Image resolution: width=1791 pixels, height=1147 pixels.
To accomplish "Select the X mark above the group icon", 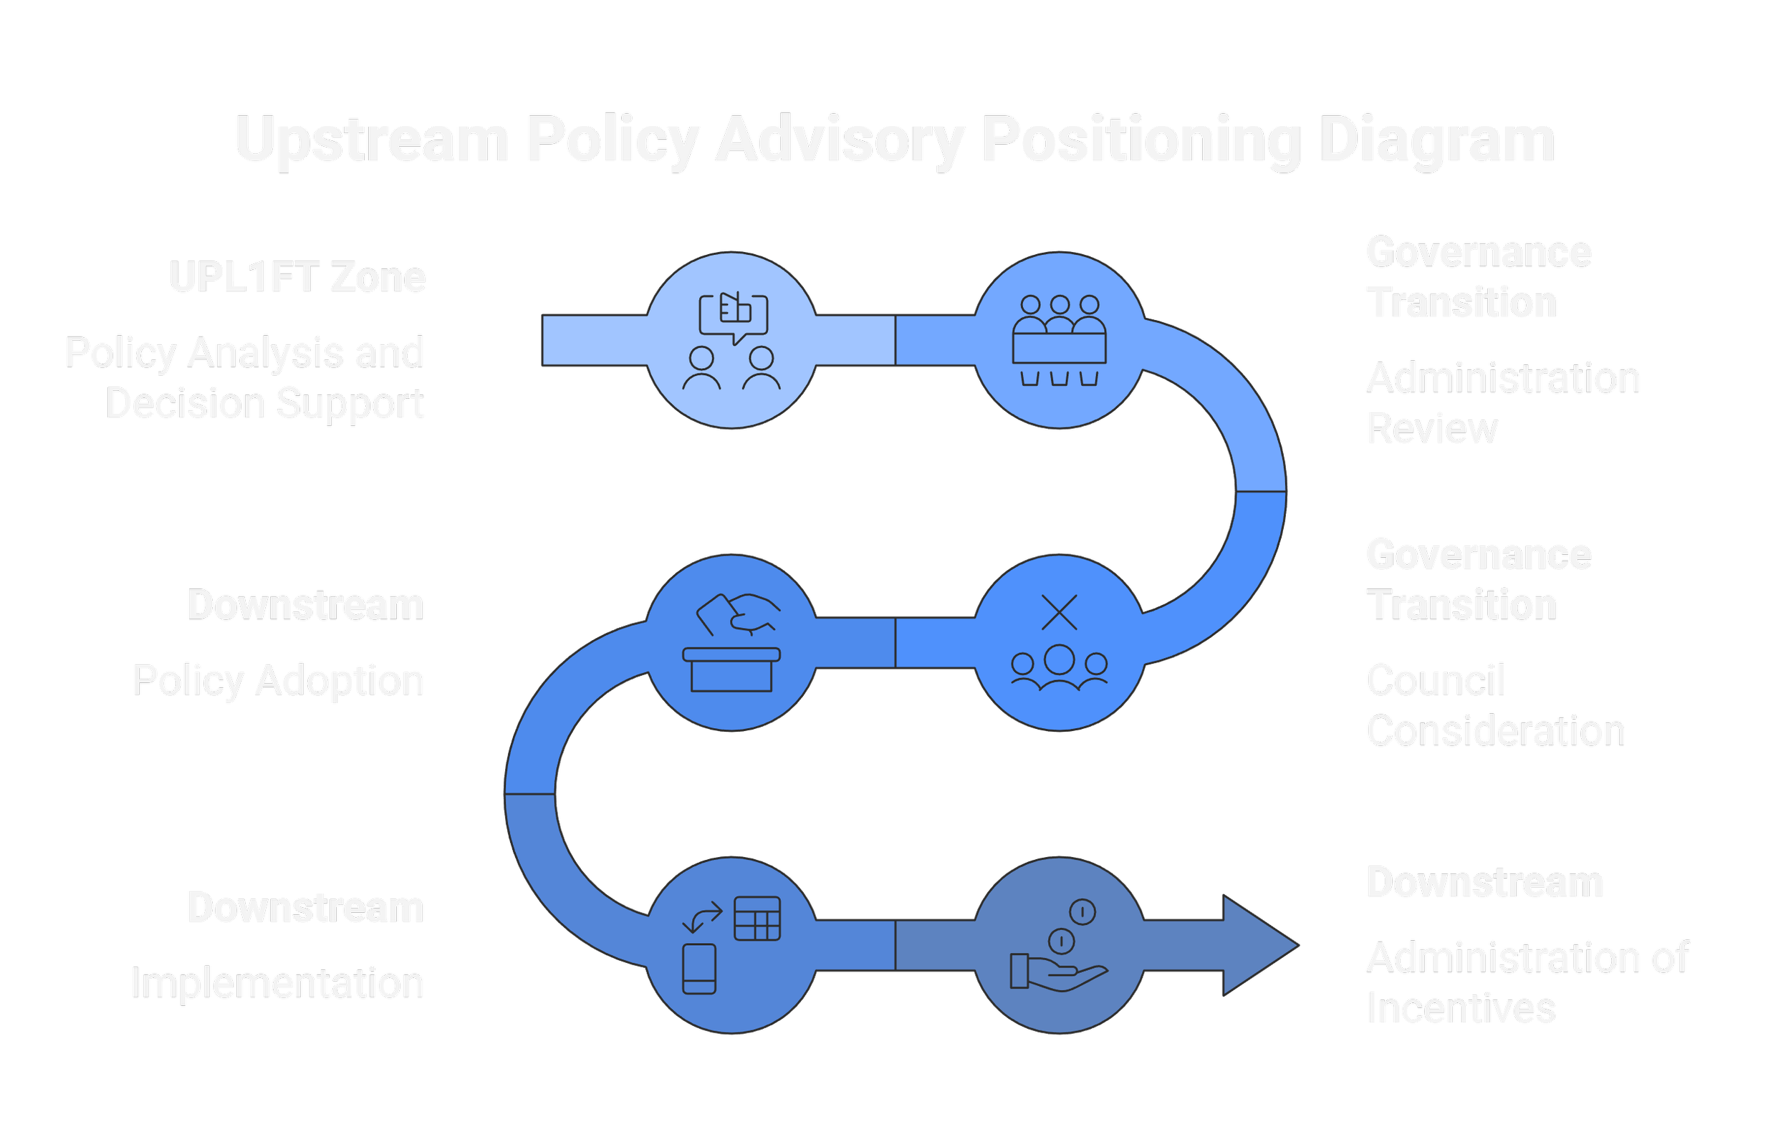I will coord(1059,612).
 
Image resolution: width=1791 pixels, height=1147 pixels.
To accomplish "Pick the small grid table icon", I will coord(757,919).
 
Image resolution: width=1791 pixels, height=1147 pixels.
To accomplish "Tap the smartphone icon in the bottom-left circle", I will coord(698,968).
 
